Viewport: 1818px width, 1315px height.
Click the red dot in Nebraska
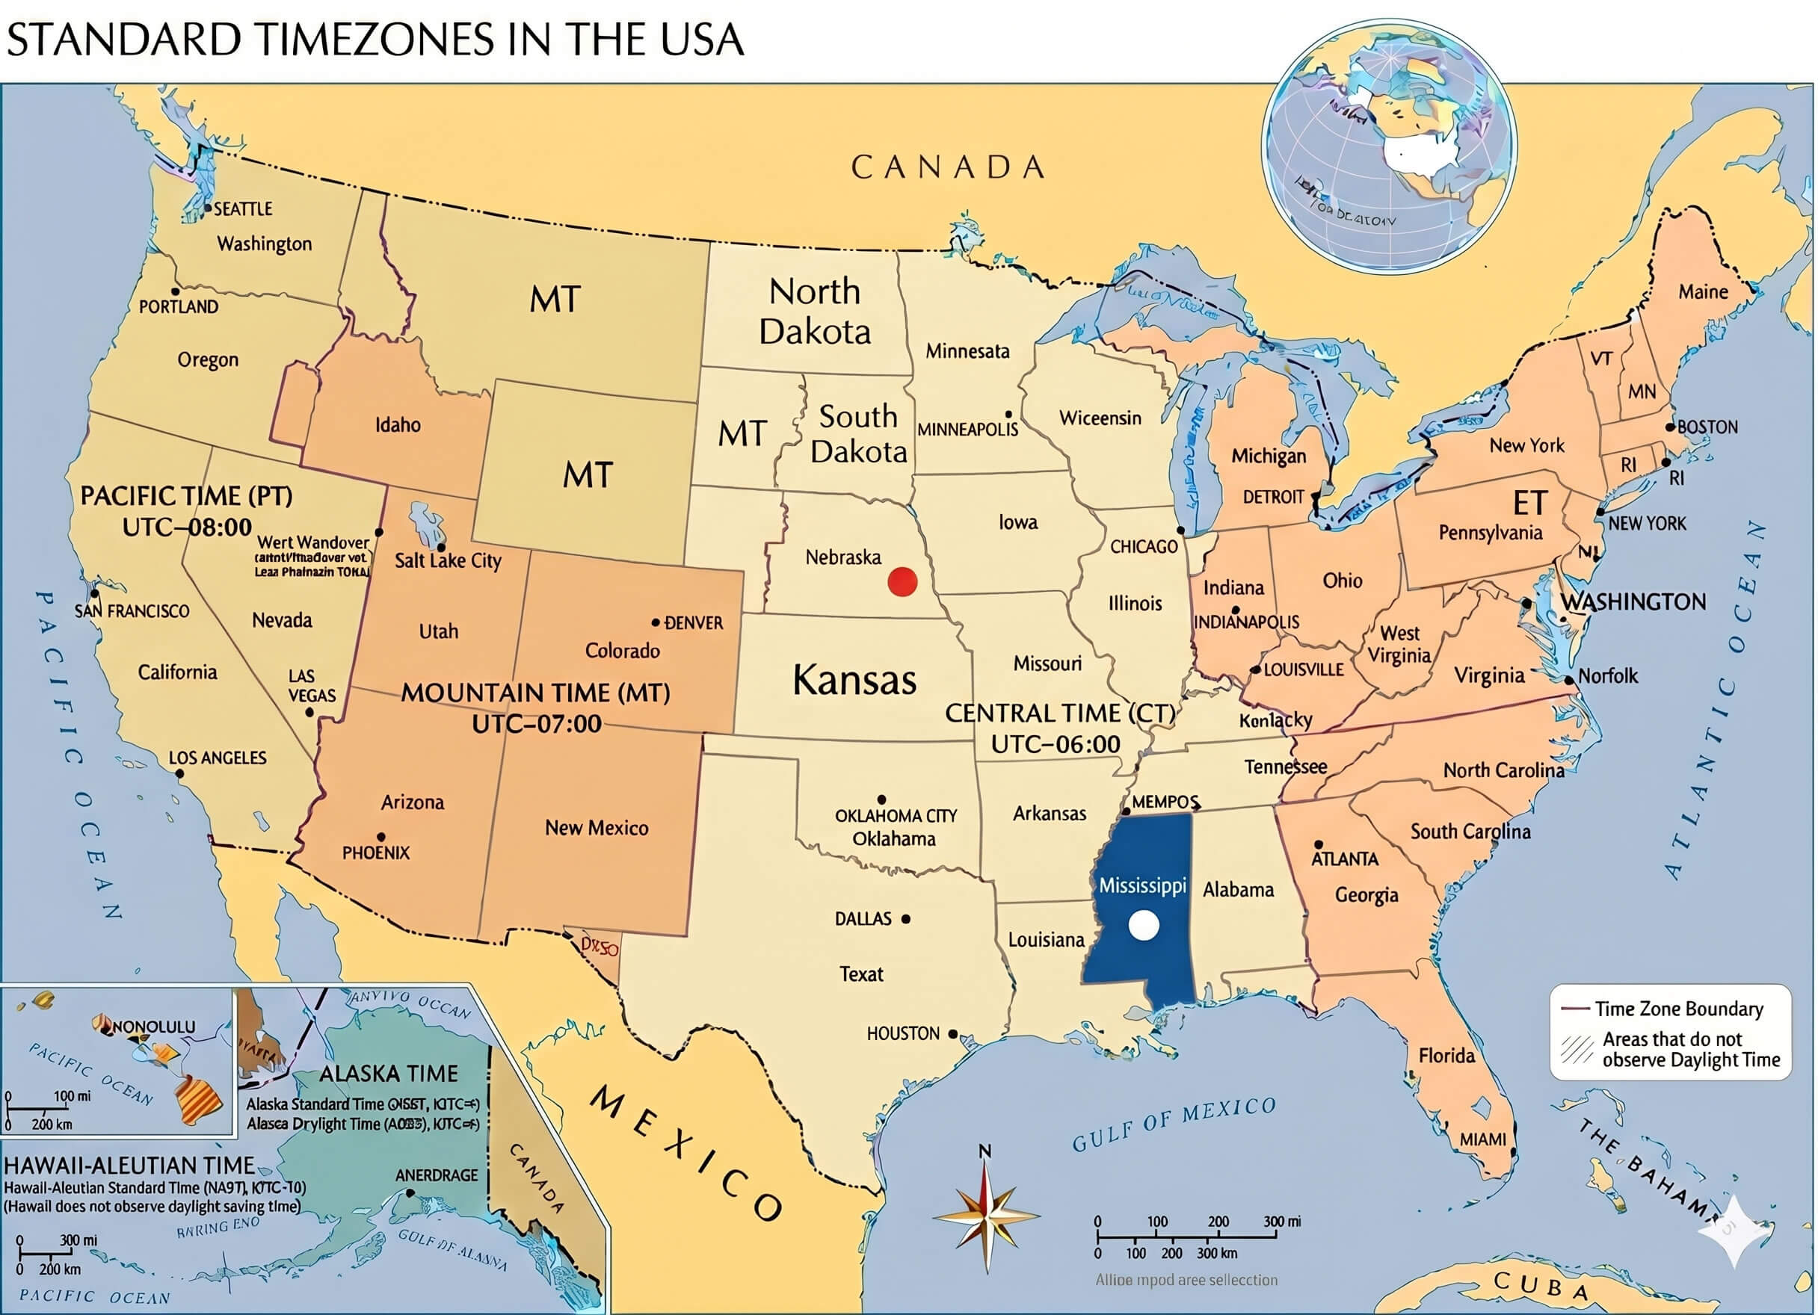point(902,582)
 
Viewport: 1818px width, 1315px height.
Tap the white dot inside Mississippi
point(1143,926)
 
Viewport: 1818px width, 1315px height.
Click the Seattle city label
point(242,209)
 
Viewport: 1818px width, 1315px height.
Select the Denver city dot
point(656,622)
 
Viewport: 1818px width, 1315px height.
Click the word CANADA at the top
point(949,167)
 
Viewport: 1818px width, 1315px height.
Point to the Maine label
point(1703,291)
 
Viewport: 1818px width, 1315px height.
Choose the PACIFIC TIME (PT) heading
point(186,496)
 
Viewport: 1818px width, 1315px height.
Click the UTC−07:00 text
point(536,723)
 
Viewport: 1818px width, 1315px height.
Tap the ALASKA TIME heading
point(389,1073)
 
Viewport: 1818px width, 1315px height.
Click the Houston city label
point(902,1034)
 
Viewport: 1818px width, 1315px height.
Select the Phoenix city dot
point(380,838)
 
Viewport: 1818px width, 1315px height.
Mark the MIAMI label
point(1482,1139)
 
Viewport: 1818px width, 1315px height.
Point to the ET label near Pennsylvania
point(1529,504)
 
